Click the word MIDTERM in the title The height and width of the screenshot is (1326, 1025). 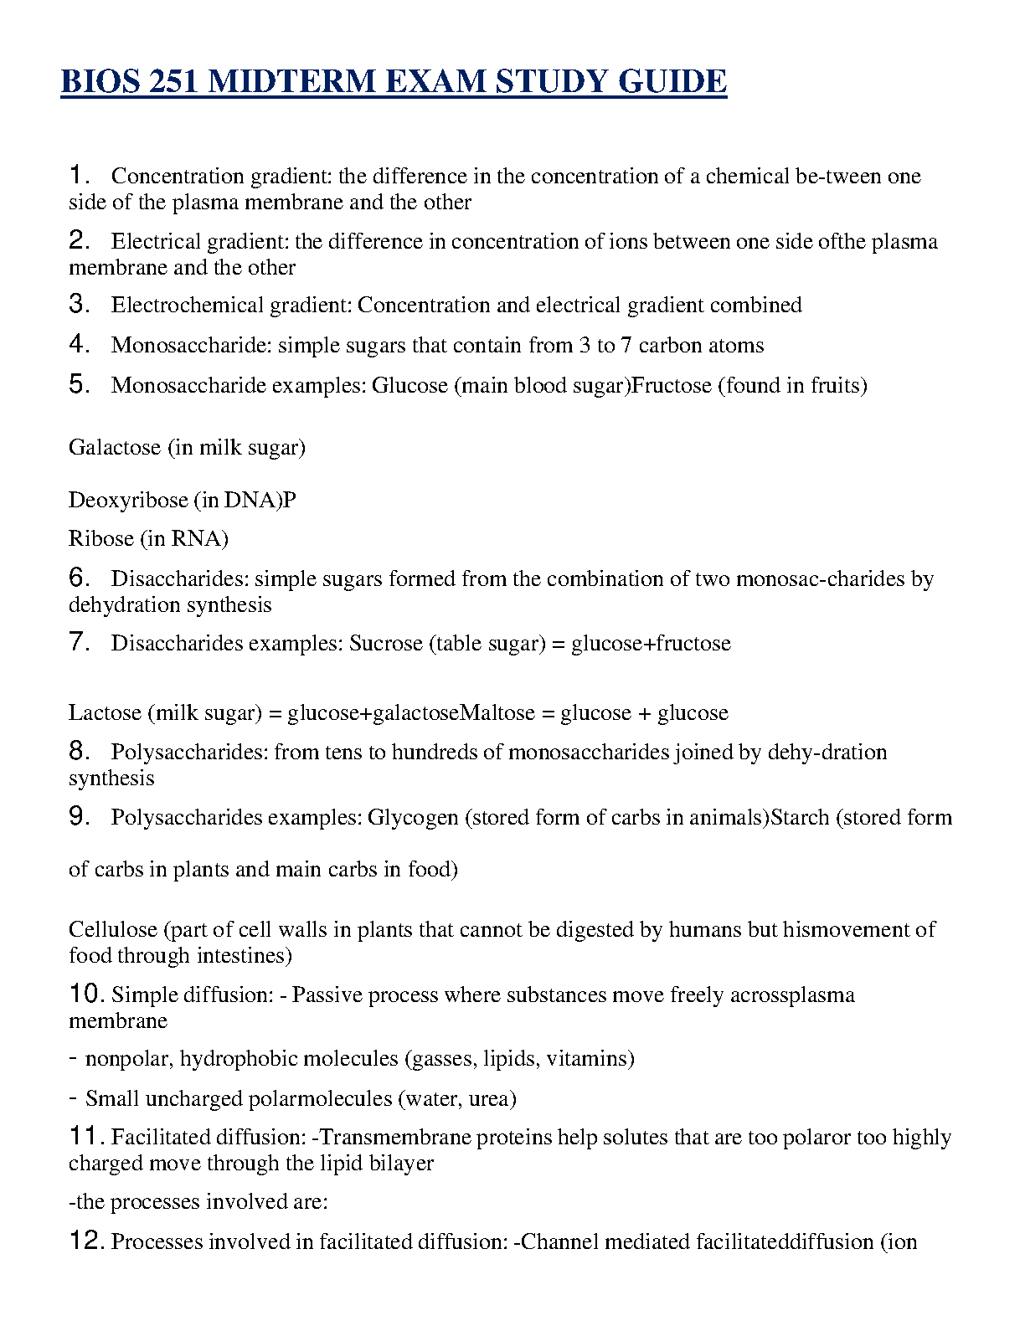tap(288, 82)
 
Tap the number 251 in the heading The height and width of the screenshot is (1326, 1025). tap(175, 82)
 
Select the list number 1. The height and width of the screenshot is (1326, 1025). tap(79, 175)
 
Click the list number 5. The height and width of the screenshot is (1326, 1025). tap(79, 384)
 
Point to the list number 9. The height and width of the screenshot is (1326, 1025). tap(79, 816)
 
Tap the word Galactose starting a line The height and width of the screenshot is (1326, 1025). tap(115, 447)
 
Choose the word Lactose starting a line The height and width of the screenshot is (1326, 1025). tap(105, 712)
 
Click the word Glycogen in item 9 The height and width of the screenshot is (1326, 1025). tap(413, 818)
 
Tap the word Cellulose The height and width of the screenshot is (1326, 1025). tap(113, 929)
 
